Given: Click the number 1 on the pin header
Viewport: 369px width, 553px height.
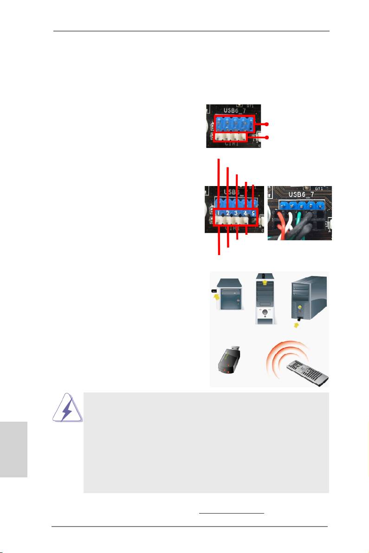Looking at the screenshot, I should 219,213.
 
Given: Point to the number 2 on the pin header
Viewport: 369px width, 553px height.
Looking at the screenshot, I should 227,213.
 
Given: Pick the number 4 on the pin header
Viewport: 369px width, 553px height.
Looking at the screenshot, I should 245,213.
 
